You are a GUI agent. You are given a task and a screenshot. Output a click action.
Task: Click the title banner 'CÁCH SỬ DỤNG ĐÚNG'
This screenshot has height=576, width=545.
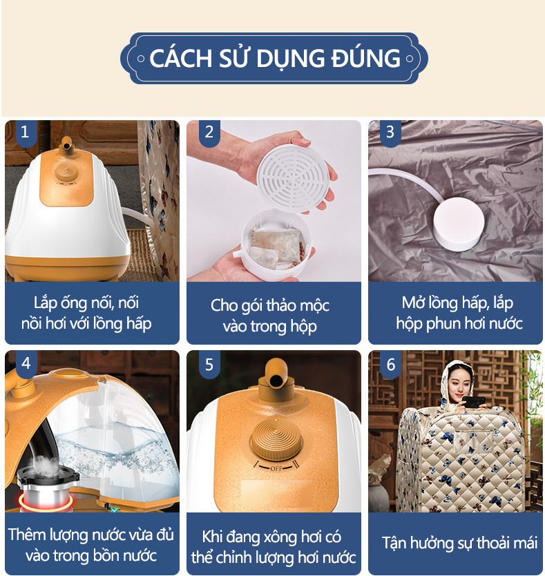(x=274, y=58)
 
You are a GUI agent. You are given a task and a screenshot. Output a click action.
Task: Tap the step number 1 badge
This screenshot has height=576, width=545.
(x=26, y=132)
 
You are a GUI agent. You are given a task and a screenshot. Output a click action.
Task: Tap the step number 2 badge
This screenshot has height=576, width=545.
(x=209, y=132)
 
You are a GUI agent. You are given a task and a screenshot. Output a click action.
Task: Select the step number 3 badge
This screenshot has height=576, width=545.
(x=390, y=132)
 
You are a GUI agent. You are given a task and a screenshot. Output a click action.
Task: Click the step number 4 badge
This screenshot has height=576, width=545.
(x=26, y=363)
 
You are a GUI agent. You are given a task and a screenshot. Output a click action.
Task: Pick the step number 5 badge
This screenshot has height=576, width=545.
(x=209, y=363)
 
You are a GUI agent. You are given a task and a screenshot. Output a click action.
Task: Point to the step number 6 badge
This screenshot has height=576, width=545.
(x=390, y=363)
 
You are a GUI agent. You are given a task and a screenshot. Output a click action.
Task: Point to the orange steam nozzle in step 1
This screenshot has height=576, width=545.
(x=67, y=146)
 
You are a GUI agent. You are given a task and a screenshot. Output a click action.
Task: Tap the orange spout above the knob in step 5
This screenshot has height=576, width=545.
(x=275, y=376)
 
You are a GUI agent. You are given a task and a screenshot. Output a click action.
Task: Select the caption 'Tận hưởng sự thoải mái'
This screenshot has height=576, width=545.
(x=459, y=542)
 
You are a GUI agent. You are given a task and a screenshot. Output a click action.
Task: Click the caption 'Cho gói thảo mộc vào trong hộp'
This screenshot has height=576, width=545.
(x=270, y=316)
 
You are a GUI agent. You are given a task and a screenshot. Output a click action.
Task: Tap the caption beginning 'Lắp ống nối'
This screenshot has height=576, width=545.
(x=92, y=313)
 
